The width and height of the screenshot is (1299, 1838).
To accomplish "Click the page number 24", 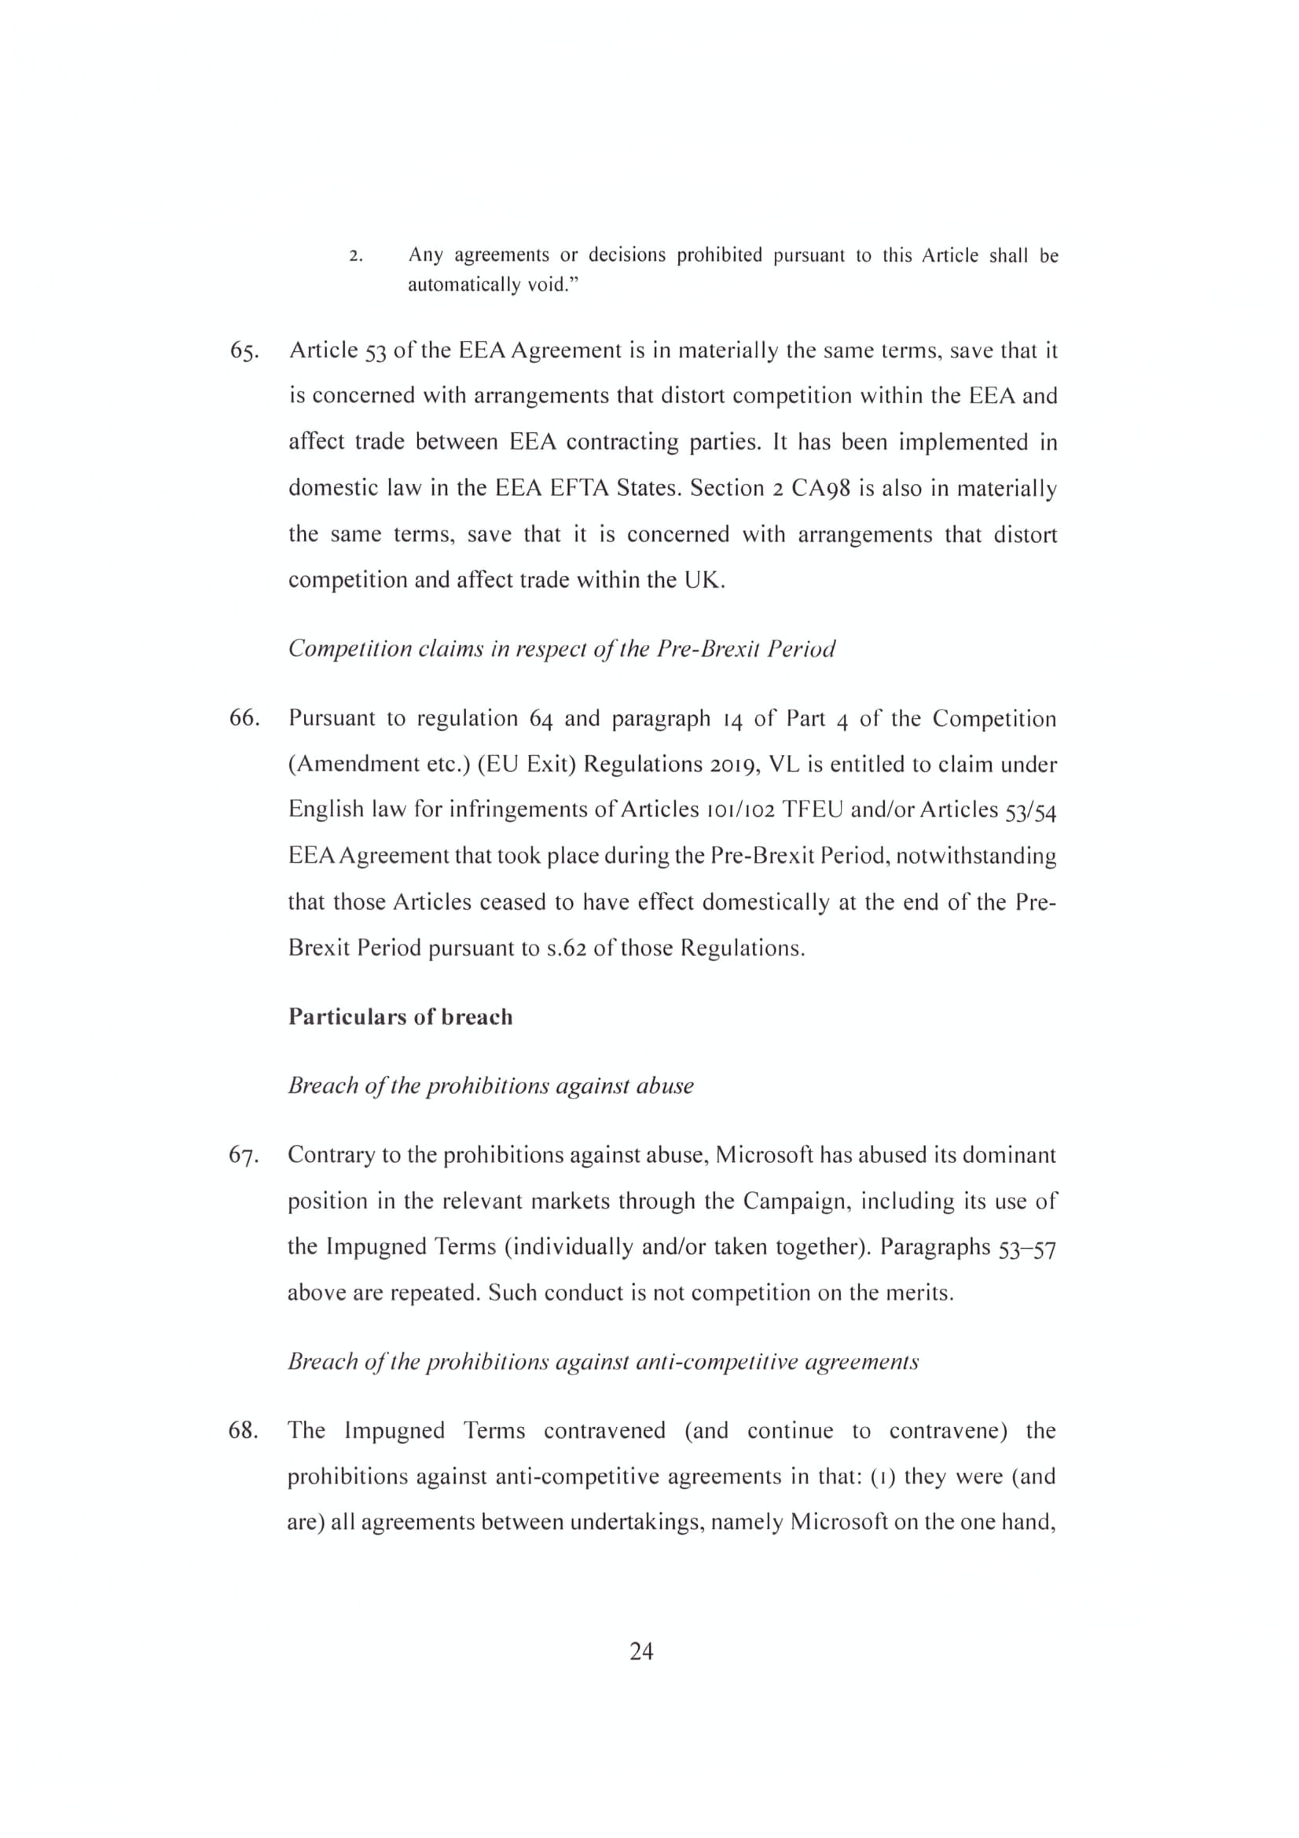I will point(641,1652).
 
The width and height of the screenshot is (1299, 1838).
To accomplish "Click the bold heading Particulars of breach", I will point(400,1017).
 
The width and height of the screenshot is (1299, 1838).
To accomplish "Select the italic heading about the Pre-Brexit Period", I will point(561,648).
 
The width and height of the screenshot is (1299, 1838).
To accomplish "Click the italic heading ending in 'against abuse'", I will point(490,1085).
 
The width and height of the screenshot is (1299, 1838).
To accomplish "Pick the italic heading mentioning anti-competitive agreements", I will point(603,1361).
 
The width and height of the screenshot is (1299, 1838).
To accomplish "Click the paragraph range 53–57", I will point(1027,1247).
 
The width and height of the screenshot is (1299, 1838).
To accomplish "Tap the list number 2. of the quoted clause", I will point(357,257).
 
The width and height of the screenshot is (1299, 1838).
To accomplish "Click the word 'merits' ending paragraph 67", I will point(924,1293).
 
